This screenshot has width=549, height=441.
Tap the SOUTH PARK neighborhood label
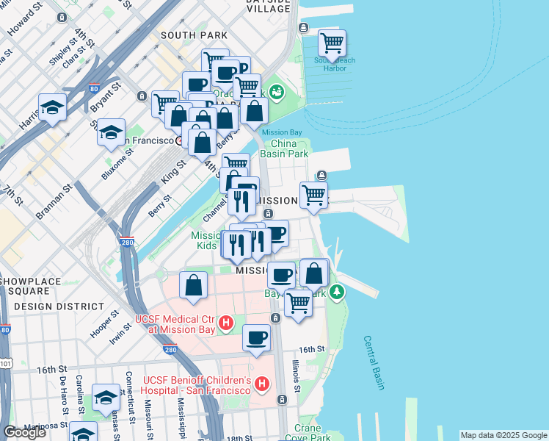tap(194, 35)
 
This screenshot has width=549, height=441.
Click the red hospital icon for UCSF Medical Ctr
tap(227, 322)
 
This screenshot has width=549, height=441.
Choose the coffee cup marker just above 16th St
tap(256, 339)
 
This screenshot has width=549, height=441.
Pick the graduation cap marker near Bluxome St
tap(111, 133)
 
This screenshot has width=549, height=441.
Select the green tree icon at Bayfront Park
tap(337, 293)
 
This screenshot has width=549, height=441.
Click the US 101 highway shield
tap(5, 362)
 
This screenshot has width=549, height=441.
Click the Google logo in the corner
tap(24, 432)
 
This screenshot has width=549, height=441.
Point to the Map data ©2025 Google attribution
tap(503, 434)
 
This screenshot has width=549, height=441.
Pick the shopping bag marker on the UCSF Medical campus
tap(193, 287)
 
